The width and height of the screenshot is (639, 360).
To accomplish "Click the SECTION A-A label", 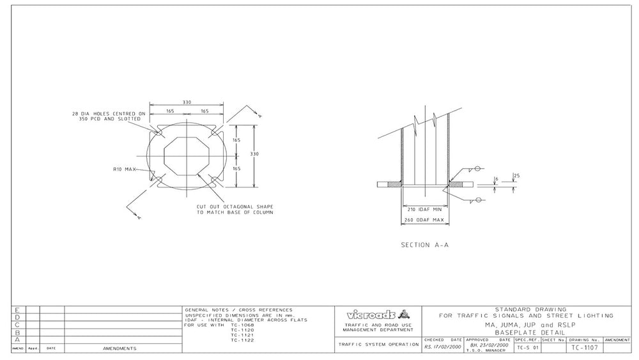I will [x=424, y=244].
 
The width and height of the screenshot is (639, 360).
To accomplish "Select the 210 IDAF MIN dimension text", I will [x=424, y=209].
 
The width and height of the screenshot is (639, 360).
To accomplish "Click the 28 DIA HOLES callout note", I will [x=109, y=116].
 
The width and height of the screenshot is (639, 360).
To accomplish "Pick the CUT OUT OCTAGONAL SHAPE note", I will [x=235, y=210].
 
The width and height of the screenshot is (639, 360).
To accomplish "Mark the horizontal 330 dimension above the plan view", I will [x=187, y=101].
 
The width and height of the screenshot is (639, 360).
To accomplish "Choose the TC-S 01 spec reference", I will [x=527, y=348].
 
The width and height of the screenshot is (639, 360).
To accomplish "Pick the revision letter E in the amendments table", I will [x=17, y=310].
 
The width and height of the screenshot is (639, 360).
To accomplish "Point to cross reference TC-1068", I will [x=242, y=325].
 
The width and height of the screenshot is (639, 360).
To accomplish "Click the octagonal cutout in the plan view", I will [x=187, y=154].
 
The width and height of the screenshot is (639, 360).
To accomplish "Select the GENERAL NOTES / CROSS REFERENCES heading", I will [x=238, y=309].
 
